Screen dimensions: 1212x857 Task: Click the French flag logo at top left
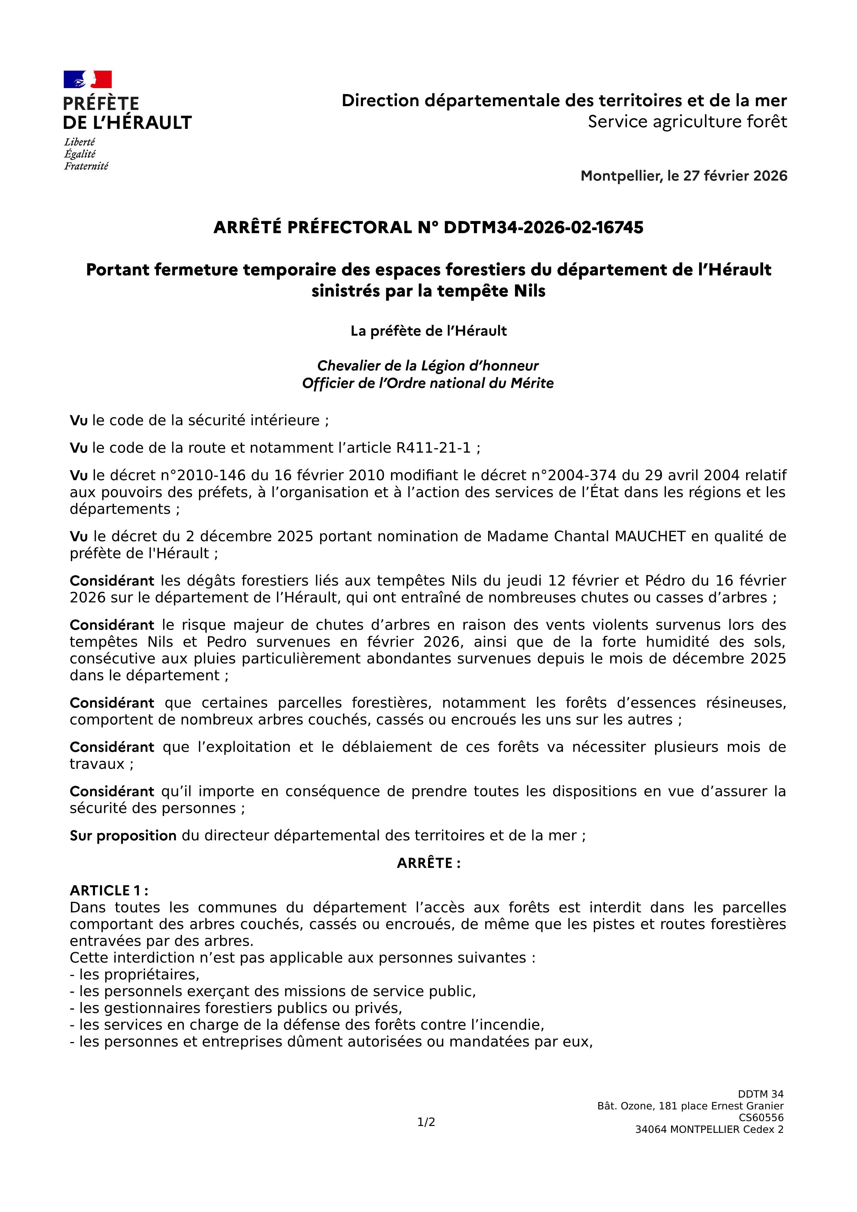click(88, 79)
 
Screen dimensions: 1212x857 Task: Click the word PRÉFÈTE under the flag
click(101, 103)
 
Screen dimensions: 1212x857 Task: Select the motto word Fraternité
click(86, 166)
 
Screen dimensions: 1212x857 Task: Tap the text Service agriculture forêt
click(687, 122)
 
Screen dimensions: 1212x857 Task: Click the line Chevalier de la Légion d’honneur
click(427, 366)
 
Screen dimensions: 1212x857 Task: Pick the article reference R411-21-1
click(433, 448)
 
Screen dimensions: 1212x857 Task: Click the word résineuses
click(746, 703)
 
